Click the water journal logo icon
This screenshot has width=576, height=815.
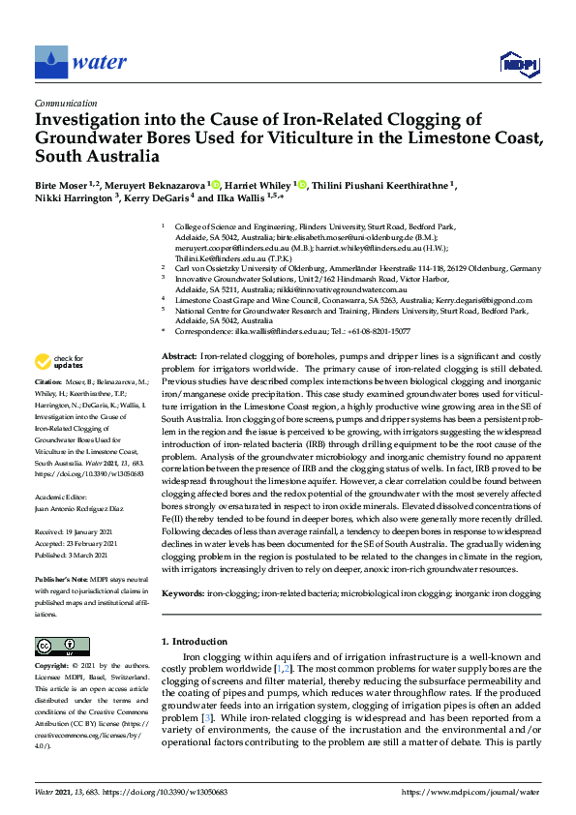[x=51, y=63]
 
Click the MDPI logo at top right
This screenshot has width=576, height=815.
[x=519, y=64]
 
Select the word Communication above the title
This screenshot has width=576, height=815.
[x=66, y=103]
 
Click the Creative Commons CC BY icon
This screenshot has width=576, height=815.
[x=56, y=646]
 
